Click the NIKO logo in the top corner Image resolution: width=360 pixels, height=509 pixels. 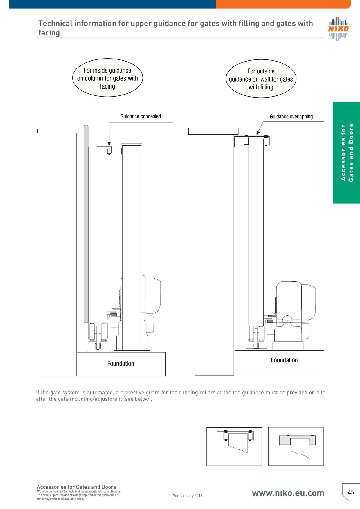[x=339, y=29]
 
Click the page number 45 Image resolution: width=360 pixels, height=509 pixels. [x=351, y=492]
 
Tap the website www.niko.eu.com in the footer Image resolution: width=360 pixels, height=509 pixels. [x=288, y=493]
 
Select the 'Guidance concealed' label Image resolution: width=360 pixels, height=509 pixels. [x=141, y=116]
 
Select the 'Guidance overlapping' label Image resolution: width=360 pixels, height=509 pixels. [x=291, y=117]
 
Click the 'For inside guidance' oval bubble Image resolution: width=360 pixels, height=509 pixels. [x=107, y=78]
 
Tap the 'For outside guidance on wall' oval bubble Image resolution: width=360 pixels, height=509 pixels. [x=261, y=79]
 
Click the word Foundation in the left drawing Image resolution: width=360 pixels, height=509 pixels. [x=120, y=364]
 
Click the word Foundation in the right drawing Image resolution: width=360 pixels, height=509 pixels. [x=284, y=360]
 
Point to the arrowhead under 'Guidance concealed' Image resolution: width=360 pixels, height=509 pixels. [x=109, y=144]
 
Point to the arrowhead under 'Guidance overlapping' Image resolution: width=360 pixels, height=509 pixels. [x=258, y=133]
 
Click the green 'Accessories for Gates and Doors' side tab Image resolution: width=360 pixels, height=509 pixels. [x=346, y=153]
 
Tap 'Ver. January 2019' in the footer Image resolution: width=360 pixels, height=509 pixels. [x=188, y=496]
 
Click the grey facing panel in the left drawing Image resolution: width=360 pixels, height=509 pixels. [x=86, y=224]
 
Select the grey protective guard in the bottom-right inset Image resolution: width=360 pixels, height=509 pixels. [x=297, y=440]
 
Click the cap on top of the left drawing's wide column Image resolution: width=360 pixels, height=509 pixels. [x=58, y=131]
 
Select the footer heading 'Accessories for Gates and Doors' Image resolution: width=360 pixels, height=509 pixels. [x=76, y=487]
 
